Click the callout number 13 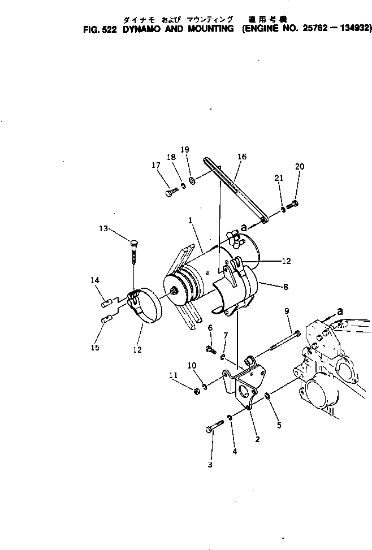point(103,228)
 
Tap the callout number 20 point(299,166)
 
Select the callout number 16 point(242,157)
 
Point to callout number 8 point(286,287)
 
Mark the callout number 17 point(156,166)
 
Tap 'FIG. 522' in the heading point(99,29)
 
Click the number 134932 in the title point(349,29)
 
